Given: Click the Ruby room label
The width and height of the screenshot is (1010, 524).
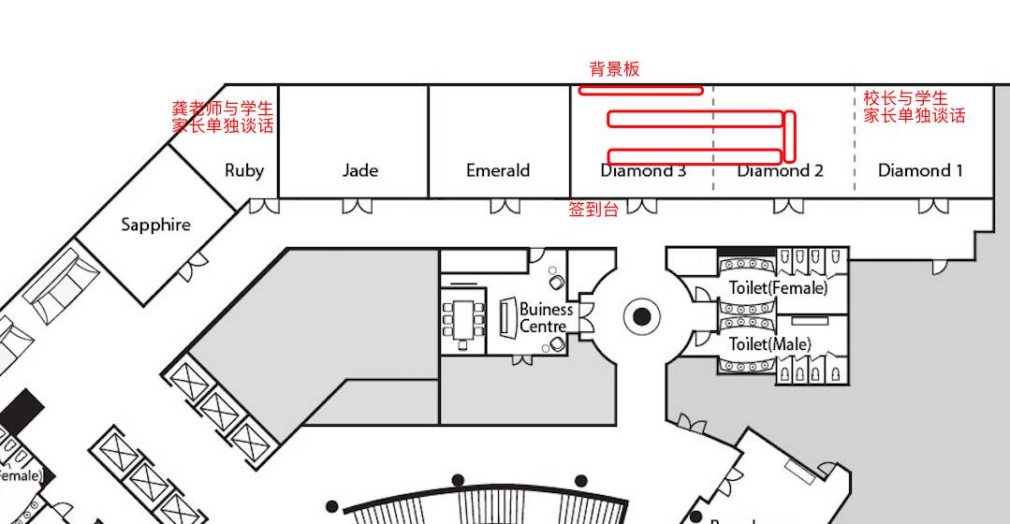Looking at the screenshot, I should [244, 170].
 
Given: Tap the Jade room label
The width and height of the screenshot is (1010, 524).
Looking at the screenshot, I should [360, 170].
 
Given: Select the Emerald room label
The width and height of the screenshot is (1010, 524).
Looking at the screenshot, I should [498, 170].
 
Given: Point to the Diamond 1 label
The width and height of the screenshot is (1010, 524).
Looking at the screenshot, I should [920, 170].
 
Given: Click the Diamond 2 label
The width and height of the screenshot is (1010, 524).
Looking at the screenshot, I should [780, 170].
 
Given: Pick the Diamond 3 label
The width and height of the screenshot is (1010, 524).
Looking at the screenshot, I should [643, 171].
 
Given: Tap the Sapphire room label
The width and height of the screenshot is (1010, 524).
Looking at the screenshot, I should [155, 225].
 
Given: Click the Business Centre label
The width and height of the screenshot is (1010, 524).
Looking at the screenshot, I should [545, 317].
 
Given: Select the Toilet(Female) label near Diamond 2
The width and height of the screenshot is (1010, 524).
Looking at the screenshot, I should [778, 288].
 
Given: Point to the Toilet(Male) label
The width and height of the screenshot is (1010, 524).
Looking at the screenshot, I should [769, 344].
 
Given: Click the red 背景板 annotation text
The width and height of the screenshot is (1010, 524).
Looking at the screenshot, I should [614, 69].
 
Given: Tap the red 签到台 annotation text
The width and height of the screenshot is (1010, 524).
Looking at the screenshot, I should [593, 211].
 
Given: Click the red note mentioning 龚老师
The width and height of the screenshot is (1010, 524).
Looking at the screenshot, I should [223, 117].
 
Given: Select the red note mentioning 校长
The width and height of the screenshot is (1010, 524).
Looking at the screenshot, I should [914, 107].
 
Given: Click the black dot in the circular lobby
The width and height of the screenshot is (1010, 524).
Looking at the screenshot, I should [641, 317].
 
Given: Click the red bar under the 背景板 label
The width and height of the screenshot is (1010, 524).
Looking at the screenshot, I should [640, 91].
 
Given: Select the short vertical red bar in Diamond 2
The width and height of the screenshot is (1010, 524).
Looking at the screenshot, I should [791, 136].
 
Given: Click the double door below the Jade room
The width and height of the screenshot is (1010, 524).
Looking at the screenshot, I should [357, 206].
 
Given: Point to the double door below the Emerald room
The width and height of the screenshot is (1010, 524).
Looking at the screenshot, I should [505, 206].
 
